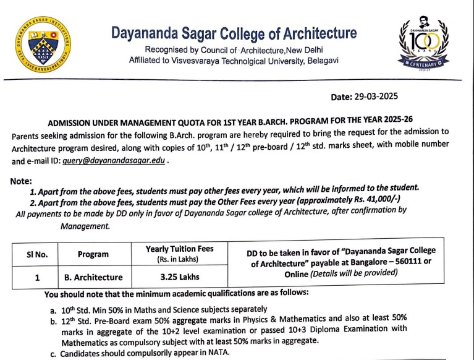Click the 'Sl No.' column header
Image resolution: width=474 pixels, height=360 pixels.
(37, 254)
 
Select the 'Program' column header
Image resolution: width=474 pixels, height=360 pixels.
(93, 254)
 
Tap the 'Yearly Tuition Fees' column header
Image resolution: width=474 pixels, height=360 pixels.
(179, 249)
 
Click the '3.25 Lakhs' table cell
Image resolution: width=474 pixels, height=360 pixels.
(179, 276)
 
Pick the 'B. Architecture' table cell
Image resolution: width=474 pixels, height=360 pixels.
(93, 277)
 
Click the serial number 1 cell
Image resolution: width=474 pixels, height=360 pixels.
(38, 277)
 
